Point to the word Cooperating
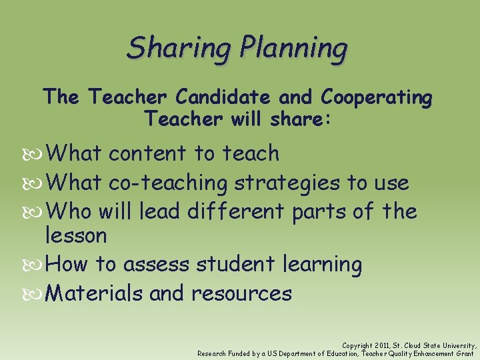click(377, 98)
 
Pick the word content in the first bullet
click(148, 153)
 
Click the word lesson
click(75, 235)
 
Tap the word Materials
click(96, 293)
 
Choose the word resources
click(241, 293)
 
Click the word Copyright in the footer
click(358, 345)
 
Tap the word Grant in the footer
click(465, 353)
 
